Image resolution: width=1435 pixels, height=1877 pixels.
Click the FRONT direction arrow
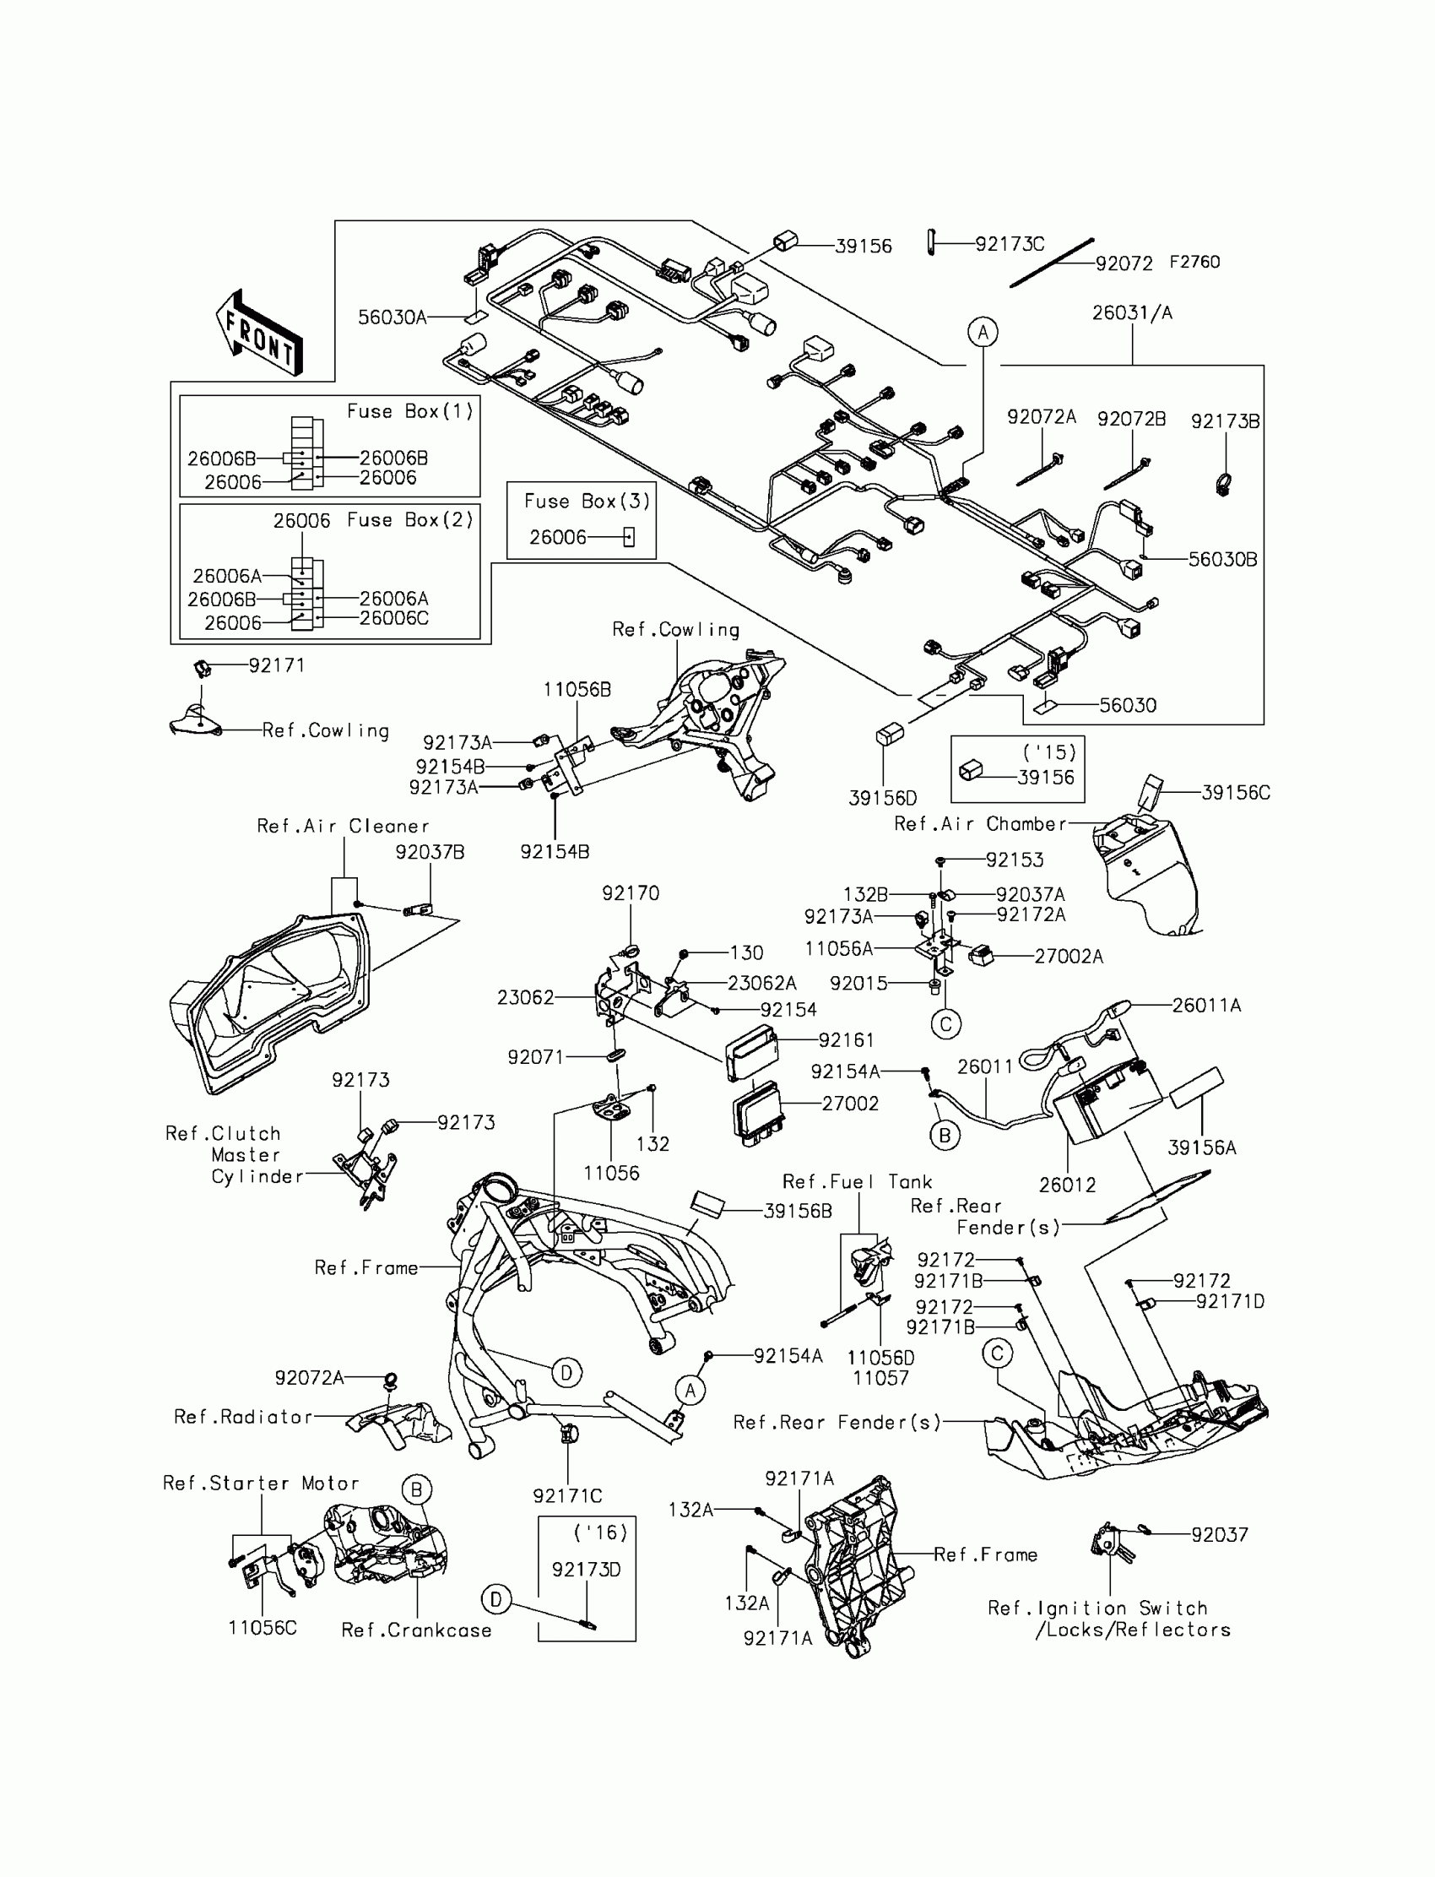259,334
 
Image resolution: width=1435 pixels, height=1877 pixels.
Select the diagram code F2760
1194,263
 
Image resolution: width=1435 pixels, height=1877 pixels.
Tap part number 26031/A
1132,312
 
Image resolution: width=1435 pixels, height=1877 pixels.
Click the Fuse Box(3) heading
587,501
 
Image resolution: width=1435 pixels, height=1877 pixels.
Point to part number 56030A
392,317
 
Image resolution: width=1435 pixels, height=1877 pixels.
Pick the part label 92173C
1010,244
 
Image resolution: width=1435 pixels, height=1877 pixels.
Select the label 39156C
1235,792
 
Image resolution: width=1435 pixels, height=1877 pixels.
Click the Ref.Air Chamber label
980,823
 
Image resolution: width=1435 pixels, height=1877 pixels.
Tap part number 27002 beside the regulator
850,1103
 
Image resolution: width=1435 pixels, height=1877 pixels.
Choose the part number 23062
525,997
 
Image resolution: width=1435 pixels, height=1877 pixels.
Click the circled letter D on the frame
566,1373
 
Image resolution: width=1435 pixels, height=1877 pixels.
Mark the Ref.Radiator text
243,1417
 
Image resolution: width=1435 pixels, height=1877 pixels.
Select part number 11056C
263,1628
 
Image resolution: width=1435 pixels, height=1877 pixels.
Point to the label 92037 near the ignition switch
1220,1534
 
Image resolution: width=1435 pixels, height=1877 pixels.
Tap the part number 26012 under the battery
1067,1184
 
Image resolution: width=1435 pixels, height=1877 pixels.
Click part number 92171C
567,1495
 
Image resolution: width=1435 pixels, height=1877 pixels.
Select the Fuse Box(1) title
410,411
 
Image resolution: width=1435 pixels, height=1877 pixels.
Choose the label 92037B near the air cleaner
430,852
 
